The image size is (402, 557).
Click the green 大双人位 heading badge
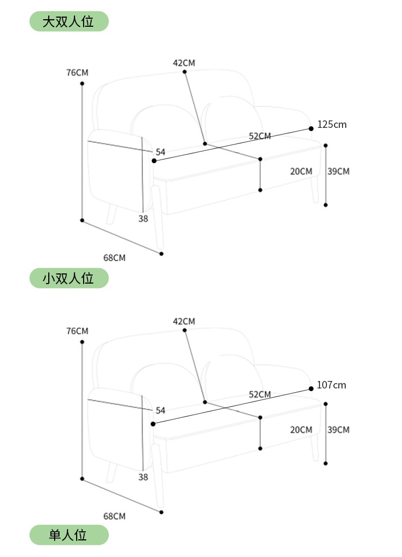tap(69, 21)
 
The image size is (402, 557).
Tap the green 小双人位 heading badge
tap(69, 278)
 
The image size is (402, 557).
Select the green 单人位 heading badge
tap(69, 535)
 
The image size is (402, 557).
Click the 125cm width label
tap(332, 125)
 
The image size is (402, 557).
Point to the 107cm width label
tap(331, 385)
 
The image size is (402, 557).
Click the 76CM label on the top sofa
tap(77, 72)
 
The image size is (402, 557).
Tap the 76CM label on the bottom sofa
tap(77, 331)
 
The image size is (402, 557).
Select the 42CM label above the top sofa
tap(184, 63)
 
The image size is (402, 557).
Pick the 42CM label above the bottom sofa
tap(184, 321)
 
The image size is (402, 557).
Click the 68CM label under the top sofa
tap(114, 258)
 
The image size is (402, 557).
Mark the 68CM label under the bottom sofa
tap(114, 516)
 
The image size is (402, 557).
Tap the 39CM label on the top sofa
tap(338, 171)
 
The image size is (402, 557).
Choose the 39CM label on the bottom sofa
tap(338, 430)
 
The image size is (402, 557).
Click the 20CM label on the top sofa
tap(301, 171)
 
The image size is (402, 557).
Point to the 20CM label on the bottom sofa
tap(301, 430)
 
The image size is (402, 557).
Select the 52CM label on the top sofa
tap(260, 136)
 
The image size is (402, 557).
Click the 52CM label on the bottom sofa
tap(260, 394)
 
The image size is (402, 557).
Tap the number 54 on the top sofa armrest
tap(160, 152)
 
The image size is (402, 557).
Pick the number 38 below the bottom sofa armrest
tap(143, 477)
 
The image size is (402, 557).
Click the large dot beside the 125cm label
tap(311, 128)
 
